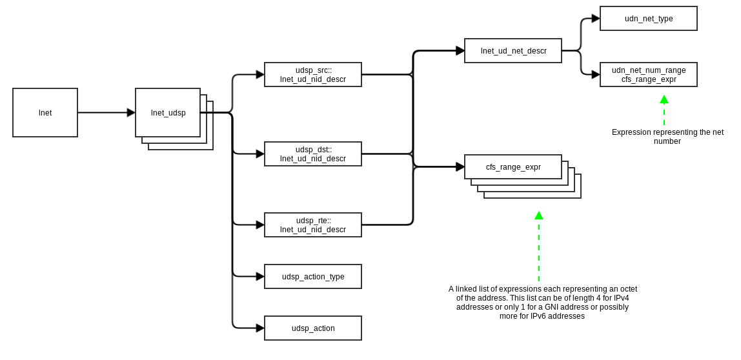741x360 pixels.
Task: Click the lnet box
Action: tap(45, 113)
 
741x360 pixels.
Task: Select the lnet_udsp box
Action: tap(168, 113)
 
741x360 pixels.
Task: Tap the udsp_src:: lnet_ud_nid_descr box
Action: tap(313, 75)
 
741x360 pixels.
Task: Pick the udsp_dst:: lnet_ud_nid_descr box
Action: tap(313, 154)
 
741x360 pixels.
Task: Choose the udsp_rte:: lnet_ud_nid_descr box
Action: tap(313, 225)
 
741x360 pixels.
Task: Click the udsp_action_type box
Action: tap(313, 277)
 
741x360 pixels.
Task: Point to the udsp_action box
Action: tap(313, 328)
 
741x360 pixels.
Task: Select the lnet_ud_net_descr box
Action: tap(513, 51)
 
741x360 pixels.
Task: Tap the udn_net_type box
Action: tap(649, 19)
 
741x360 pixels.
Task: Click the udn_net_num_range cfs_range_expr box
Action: tap(649, 75)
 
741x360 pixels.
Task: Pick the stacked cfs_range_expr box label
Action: tap(513, 167)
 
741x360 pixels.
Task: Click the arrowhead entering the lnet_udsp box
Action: tap(131, 113)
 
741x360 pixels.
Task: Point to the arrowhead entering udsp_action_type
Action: tap(260, 277)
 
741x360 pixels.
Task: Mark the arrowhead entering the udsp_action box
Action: tap(260, 328)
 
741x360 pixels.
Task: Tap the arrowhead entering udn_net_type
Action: tap(596, 19)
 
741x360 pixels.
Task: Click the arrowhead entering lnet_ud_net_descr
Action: tap(460, 51)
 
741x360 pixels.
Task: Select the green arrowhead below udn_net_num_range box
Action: tap(664, 99)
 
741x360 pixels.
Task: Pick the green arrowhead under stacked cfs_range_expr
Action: tap(539, 215)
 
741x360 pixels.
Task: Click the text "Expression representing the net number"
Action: tap(667, 137)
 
